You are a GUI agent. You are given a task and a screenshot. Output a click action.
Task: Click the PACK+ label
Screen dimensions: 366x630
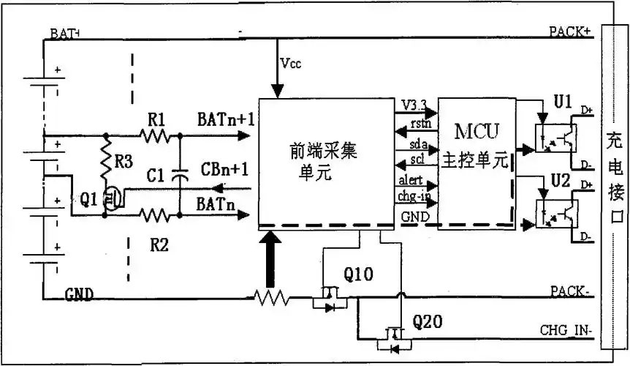[569, 32]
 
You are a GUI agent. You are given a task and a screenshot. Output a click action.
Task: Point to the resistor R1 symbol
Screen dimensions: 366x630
[155, 135]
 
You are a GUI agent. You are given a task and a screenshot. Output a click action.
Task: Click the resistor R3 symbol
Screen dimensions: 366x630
[107, 165]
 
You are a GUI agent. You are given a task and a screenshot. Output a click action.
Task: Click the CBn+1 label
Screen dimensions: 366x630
[224, 170]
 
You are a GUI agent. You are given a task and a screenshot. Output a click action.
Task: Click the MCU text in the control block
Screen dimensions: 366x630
[477, 132]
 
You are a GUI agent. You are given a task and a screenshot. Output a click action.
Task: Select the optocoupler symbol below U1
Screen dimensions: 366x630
[555, 137]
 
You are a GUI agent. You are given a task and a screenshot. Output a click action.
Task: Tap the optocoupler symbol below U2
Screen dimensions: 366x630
[555, 213]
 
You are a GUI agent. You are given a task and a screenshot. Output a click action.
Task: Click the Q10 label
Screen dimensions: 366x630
[358, 274]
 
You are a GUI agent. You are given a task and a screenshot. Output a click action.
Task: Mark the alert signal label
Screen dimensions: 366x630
[414, 181]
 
